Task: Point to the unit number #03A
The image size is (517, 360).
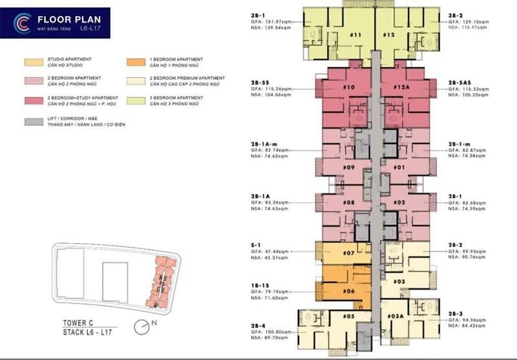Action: tap(396, 317)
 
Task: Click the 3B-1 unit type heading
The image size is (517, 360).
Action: tap(257, 14)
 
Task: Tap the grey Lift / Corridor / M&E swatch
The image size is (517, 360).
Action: tap(34, 121)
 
